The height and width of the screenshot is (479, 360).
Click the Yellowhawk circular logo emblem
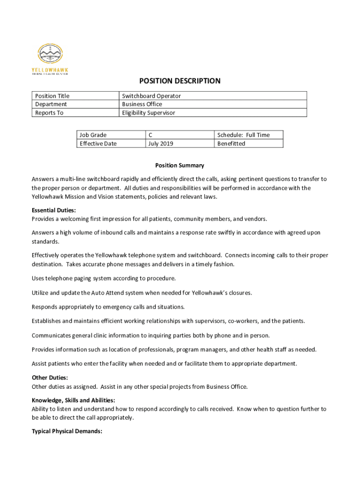tap(50, 55)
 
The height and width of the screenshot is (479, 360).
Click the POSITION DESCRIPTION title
tap(180, 81)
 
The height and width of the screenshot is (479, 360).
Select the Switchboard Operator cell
tap(151, 96)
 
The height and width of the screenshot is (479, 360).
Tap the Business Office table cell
tap(142, 104)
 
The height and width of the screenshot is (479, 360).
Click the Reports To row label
tap(49, 113)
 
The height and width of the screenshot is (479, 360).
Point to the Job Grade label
tap(93, 135)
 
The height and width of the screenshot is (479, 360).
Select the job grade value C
tap(151, 135)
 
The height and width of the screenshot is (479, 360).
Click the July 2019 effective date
tap(161, 144)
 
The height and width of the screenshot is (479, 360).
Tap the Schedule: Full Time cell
tap(244, 135)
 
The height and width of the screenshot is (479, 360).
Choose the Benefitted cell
tap(231, 144)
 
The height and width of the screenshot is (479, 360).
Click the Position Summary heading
tap(180, 166)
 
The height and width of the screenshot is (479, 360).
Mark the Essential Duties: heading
tap(54, 210)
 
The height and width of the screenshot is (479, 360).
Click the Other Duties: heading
tap(50, 377)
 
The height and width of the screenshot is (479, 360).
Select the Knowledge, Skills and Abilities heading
tap(73, 400)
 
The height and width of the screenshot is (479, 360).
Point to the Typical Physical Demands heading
tap(67, 431)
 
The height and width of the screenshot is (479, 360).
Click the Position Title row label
tap(52, 96)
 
